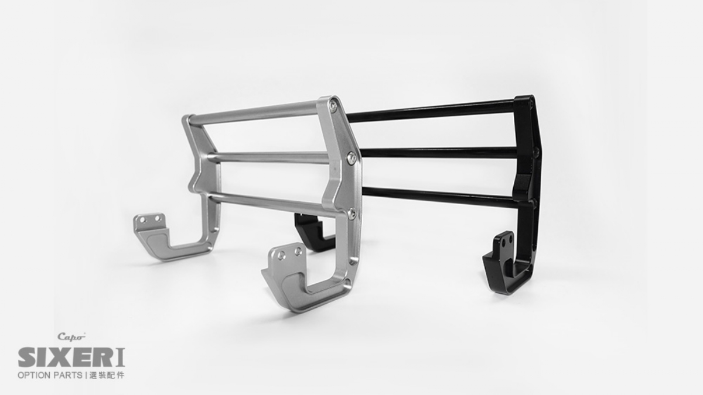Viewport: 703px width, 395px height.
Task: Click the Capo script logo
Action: pos(71,336)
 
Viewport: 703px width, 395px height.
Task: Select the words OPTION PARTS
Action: pos(50,375)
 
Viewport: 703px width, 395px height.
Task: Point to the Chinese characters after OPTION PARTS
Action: pos(107,375)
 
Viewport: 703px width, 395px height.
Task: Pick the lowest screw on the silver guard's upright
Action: pos(352,213)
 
